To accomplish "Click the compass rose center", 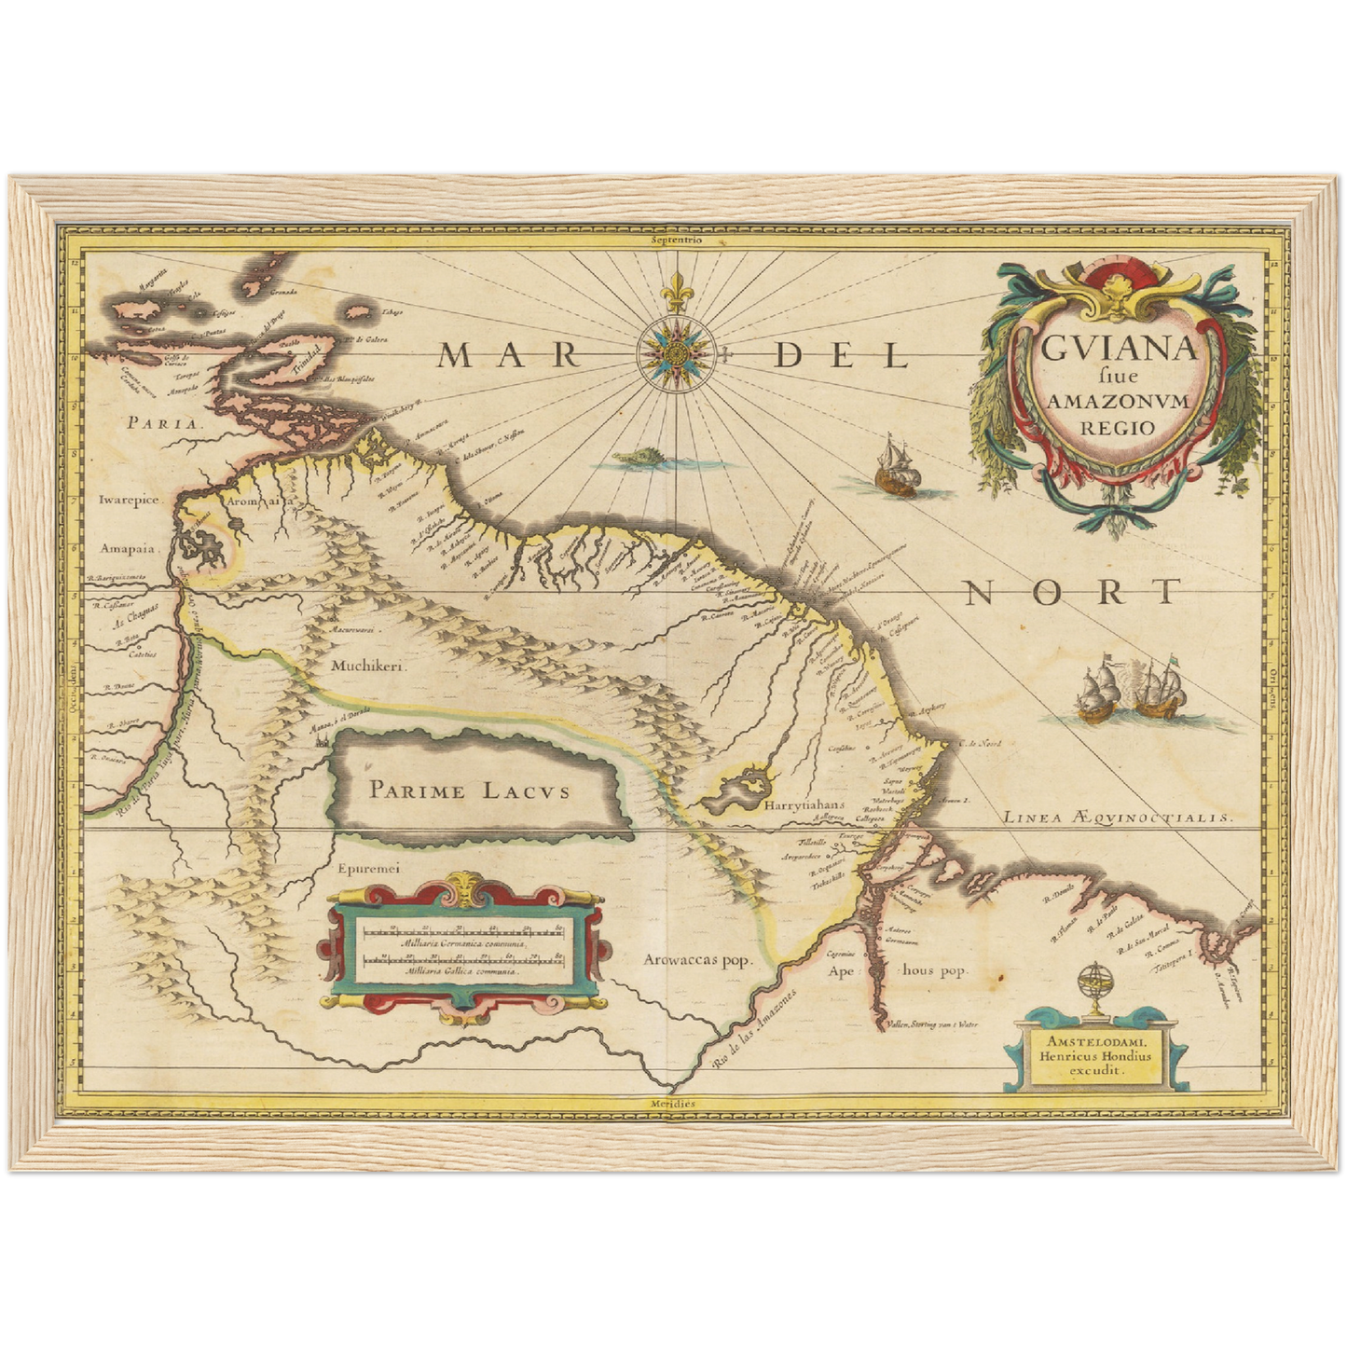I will pyautogui.click(x=674, y=352).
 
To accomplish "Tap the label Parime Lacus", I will pyautogui.click(x=469, y=791).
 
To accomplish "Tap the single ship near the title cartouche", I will pyautogui.click(x=896, y=466).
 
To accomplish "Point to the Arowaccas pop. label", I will pyautogui.click(x=697, y=960).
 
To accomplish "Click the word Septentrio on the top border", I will pyautogui.click(x=678, y=240).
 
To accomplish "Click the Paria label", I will pyautogui.click(x=163, y=421).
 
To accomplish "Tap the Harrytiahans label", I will pyautogui.click(x=803, y=804).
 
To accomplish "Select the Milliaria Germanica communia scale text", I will pyautogui.click(x=464, y=944).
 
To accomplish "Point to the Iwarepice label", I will pyautogui.click(x=131, y=500).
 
